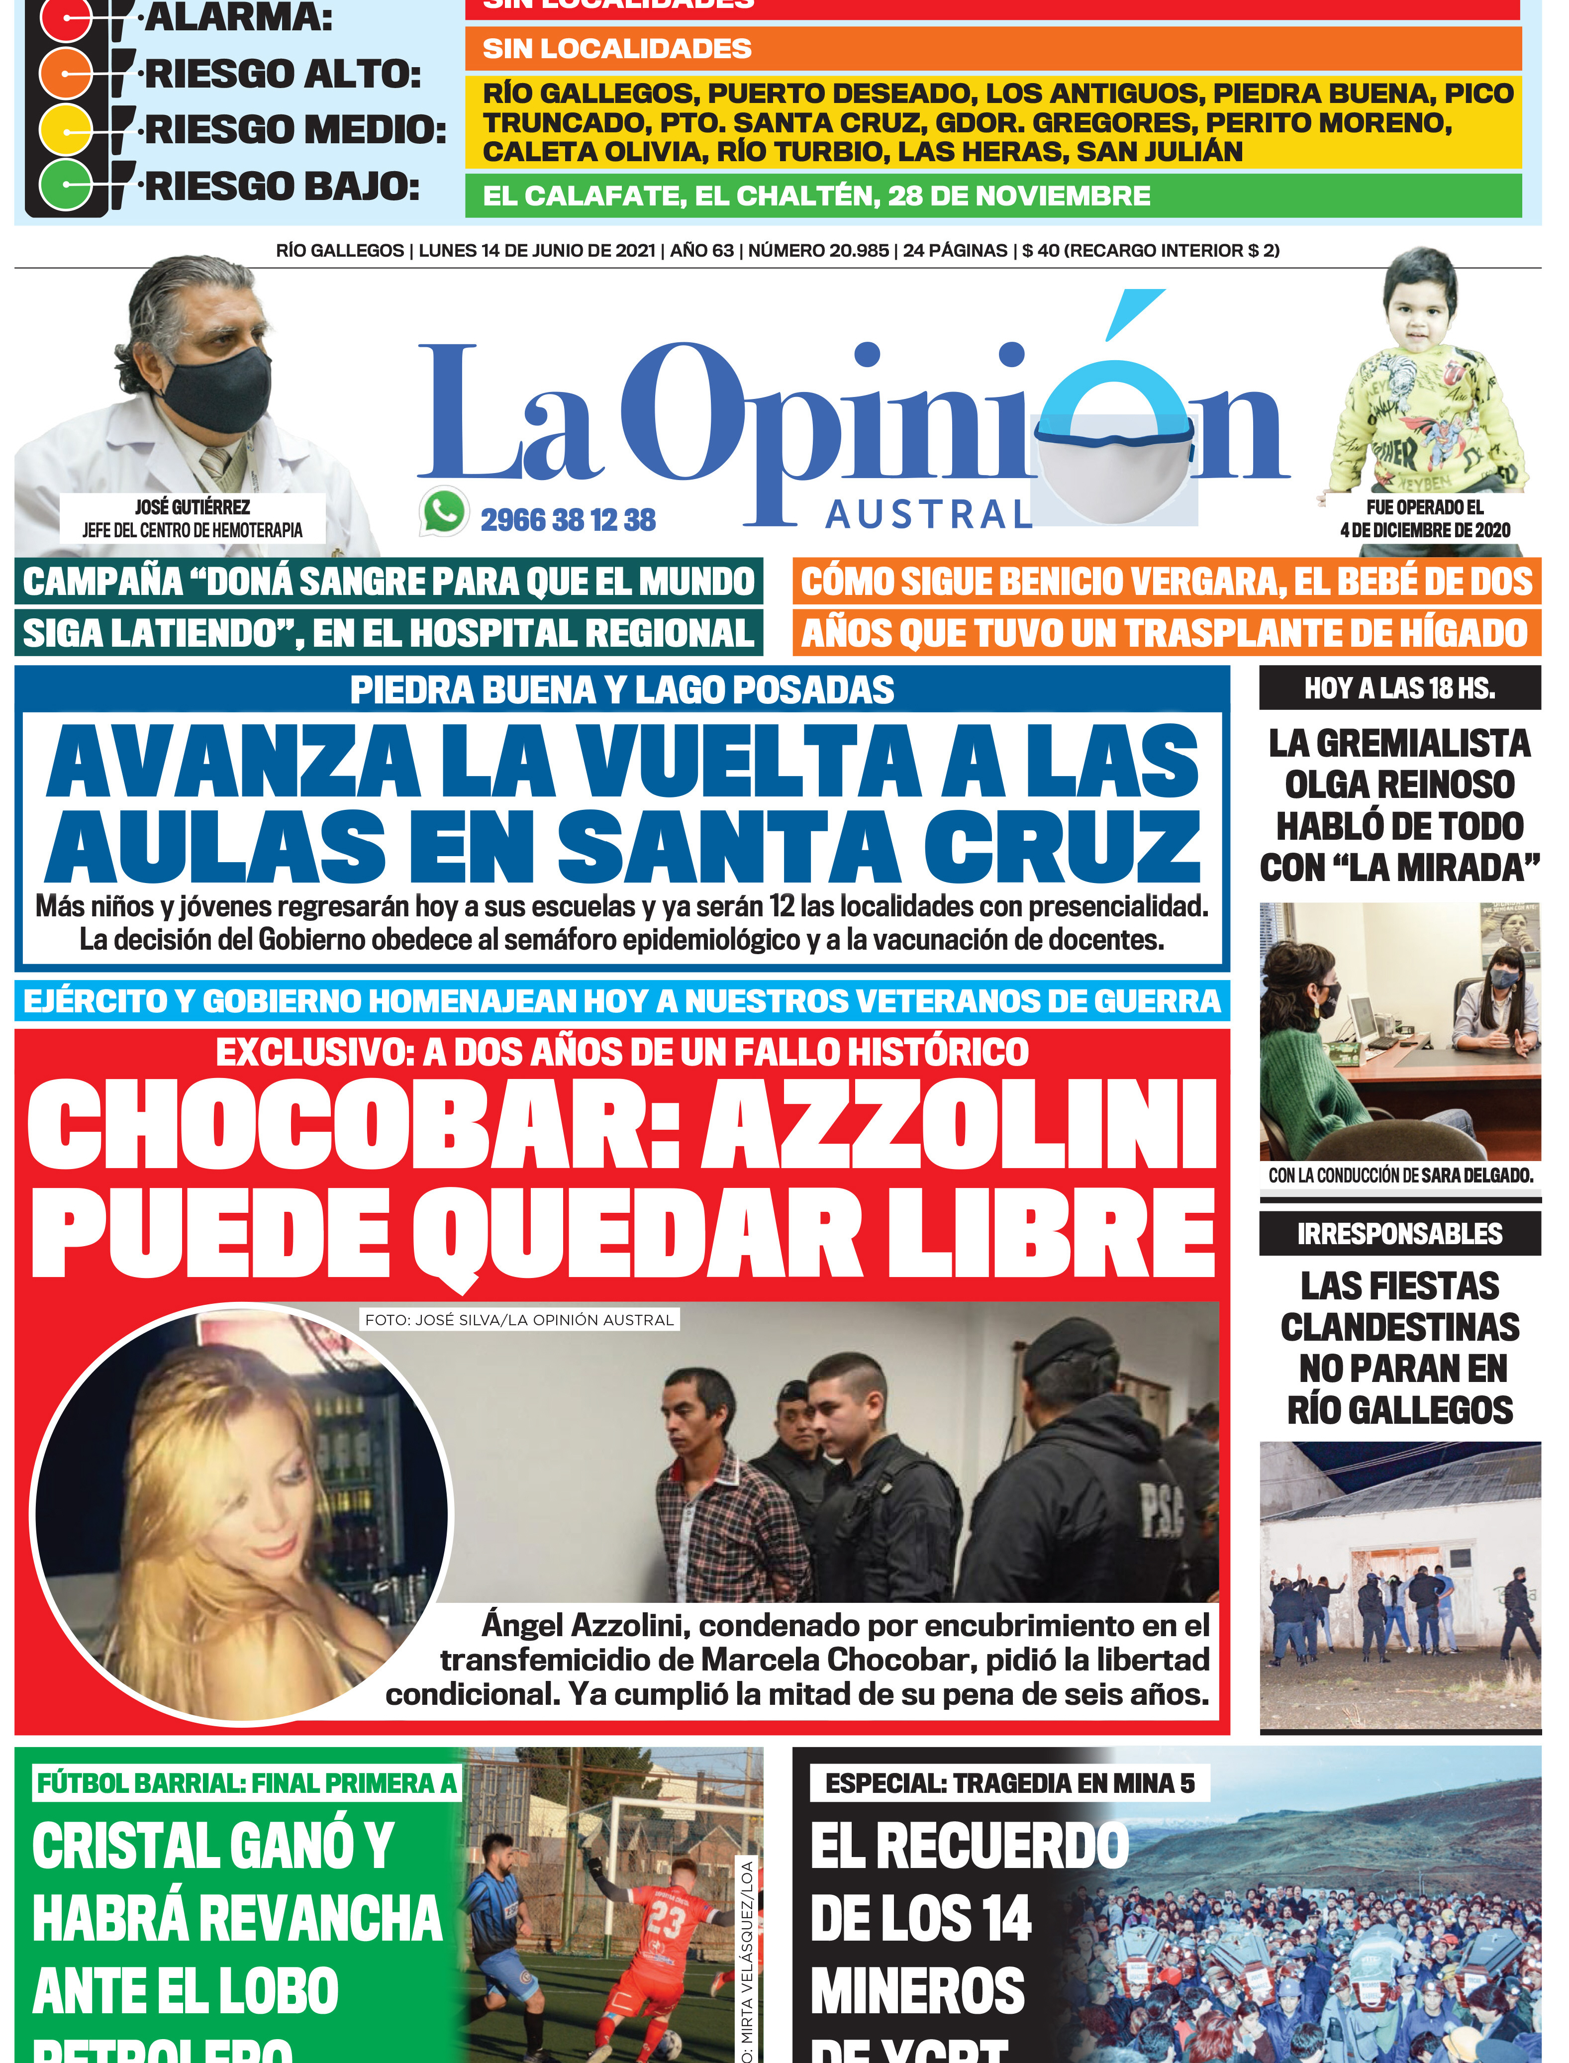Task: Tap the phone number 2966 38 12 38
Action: point(568,520)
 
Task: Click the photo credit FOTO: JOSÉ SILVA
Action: point(519,1320)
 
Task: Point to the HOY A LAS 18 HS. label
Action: point(1399,688)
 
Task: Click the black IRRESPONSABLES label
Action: point(1399,1234)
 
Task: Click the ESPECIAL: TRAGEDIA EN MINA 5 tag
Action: point(1009,1783)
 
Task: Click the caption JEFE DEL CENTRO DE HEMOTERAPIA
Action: point(193,530)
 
